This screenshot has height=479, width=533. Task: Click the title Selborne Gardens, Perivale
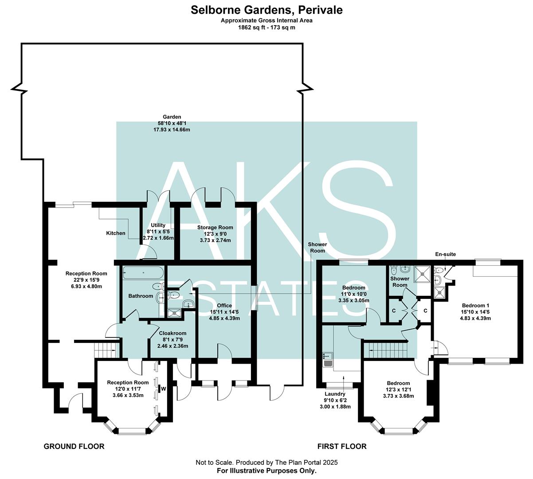tap(266, 10)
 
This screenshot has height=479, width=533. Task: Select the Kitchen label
tap(116, 233)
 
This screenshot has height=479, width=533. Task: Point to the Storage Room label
tap(215, 228)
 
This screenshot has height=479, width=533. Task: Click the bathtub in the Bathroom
tap(143, 272)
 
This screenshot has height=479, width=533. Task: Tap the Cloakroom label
tap(172, 334)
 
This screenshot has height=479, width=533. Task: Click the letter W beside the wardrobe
tap(163, 389)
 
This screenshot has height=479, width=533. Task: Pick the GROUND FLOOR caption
tap(74, 446)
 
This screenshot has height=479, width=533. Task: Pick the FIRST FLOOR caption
tap(342, 446)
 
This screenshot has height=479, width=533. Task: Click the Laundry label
tap(335, 394)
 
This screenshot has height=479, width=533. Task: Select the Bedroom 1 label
tap(475, 306)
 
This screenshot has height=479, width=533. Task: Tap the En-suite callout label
tap(445, 255)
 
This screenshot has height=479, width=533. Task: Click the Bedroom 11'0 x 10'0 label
tap(353, 288)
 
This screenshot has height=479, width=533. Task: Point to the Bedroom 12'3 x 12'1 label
tap(398, 383)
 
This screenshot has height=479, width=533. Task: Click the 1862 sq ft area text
tap(266, 27)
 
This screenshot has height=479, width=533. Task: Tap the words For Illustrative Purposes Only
tap(266, 471)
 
